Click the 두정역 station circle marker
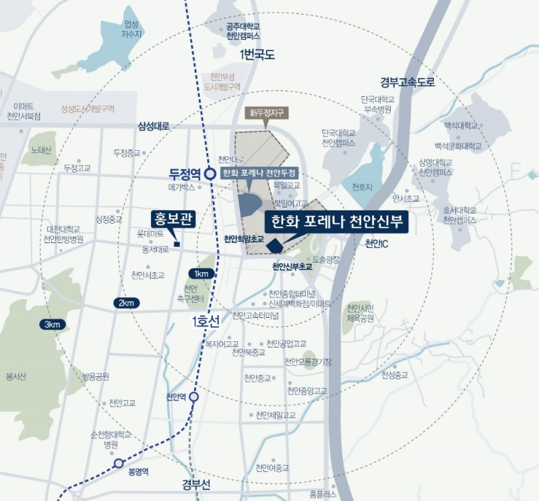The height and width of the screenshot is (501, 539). (x=210, y=173)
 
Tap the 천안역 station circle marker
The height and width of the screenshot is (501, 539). (x=194, y=397)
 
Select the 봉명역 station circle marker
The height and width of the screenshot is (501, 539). (x=119, y=463)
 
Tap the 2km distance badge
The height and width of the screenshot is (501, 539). (x=126, y=302)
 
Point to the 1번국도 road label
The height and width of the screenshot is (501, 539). (x=257, y=55)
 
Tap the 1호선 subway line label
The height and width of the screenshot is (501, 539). (x=205, y=323)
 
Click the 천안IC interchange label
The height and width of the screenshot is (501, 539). (x=377, y=243)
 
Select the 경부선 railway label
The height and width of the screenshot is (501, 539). (x=196, y=485)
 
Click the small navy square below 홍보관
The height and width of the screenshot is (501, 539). (x=177, y=244)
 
